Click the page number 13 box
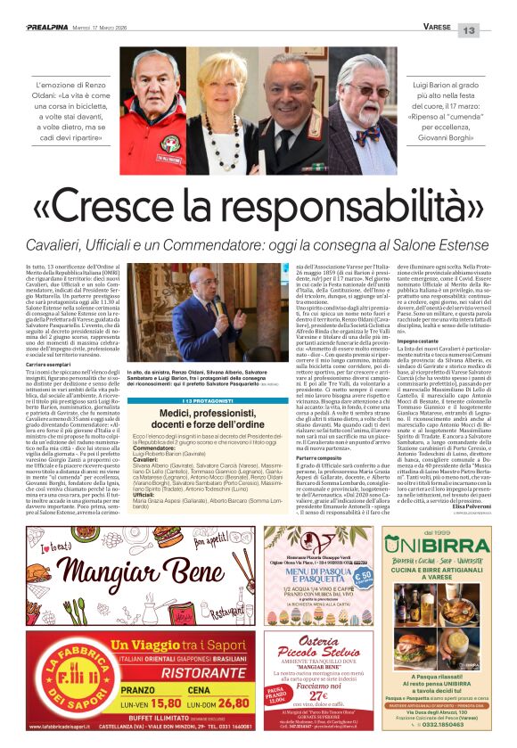coord(493,30)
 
